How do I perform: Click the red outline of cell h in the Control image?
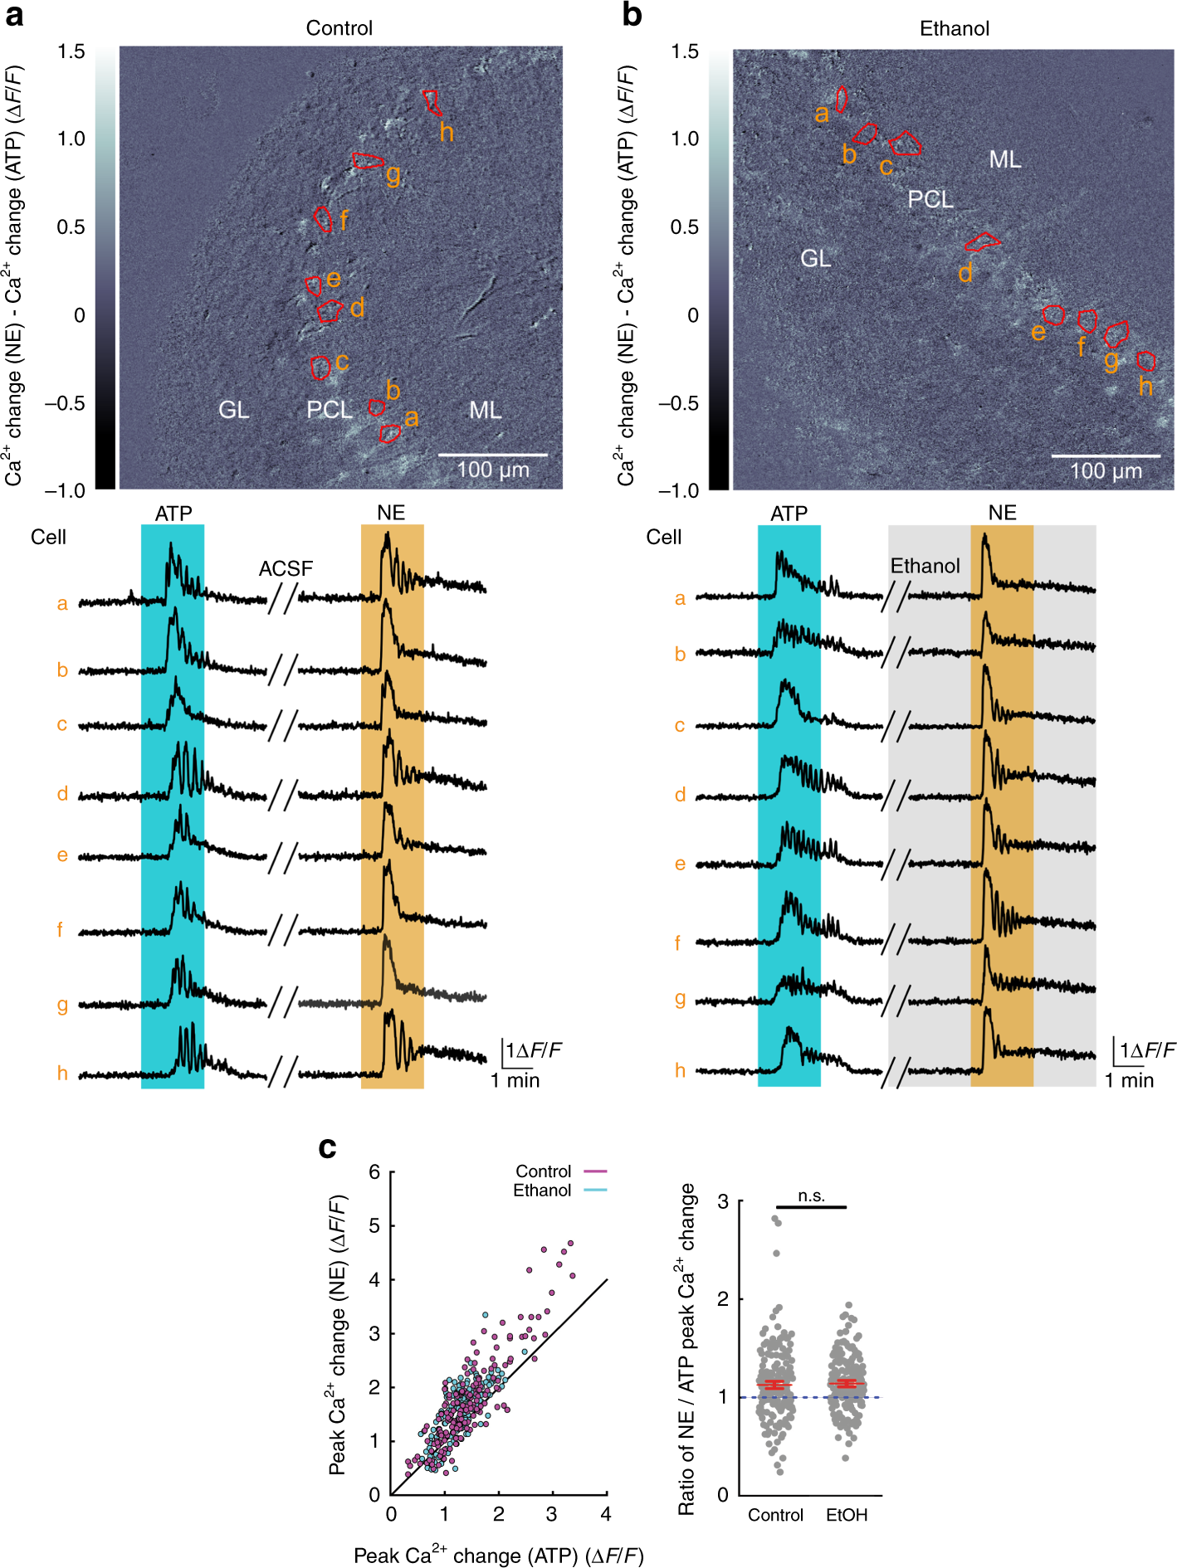point(432,102)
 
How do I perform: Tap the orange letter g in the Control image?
point(393,175)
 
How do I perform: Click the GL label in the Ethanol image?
point(815,259)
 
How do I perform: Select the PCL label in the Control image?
point(330,410)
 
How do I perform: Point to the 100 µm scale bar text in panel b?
point(1106,472)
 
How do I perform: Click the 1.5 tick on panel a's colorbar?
point(71,51)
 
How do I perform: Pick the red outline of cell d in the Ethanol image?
point(982,242)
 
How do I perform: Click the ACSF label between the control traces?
point(286,568)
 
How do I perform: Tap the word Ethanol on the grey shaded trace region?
point(925,566)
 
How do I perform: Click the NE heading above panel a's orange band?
point(391,513)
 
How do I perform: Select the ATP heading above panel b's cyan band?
point(789,514)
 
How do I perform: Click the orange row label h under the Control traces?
point(62,1074)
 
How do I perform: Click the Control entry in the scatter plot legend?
point(543,1171)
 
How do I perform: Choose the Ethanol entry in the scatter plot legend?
point(542,1191)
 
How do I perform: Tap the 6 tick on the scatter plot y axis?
point(374,1172)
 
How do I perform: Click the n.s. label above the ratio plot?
point(811,1195)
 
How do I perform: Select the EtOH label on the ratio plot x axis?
point(847,1515)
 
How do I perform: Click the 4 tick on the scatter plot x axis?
point(606,1514)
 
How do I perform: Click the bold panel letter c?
point(327,1147)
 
